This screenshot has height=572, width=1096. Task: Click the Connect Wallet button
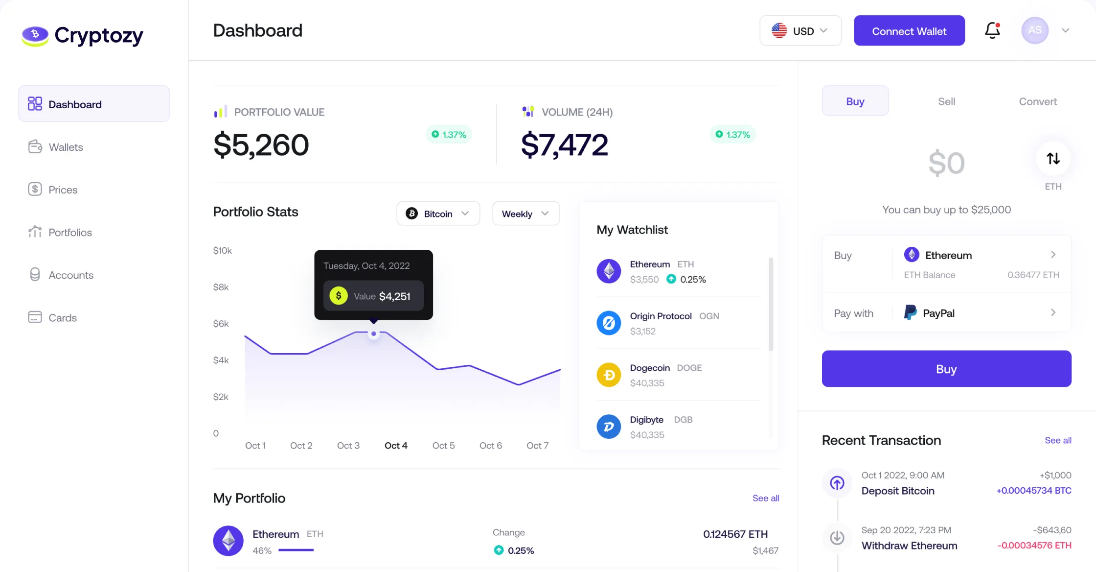pyautogui.click(x=909, y=31)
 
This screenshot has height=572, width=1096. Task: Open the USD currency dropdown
pyautogui.click(x=800, y=31)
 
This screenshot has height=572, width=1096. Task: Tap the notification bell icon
pyautogui.click(x=992, y=30)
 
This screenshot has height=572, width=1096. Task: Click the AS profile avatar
pyautogui.click(x=1034, y=30)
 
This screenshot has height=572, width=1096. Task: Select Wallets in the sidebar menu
pyautogui.click(x=66, y=147)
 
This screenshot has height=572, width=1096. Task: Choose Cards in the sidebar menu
pyautogui.click(x=63, y=317)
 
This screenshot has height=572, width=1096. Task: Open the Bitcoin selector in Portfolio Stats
pyautogui.click(x=438, y=214)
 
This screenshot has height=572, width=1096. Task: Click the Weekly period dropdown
pyautogui.click(x=525, y=214)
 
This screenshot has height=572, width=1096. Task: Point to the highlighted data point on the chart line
pyautogui.click(x=374, y=334)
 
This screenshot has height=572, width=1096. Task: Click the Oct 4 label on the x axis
pyautogui.click(x=396, y=446)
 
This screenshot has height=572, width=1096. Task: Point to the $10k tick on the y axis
pyautogui.click(x=223, y=251)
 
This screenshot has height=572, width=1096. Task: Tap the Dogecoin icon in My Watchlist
pyautogui.click(x=609, y=375)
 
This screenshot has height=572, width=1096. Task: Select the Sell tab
pyautogui.click(x=946, y=101)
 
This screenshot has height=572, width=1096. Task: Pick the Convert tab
pyautogui.click(x=1038, y=101)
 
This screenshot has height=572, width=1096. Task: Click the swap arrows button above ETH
pyautogui.click(x=1053, y=159)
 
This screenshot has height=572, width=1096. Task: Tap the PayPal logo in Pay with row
pyautogui.click(x=911, y=312)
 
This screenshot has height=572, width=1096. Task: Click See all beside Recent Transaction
pyautogui.click(x=1058, y=440)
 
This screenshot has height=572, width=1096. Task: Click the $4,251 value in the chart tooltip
pyautogui.click(x=394, y=296)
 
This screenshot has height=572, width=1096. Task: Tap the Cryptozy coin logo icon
pyautogui.click(x=35, y=35)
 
